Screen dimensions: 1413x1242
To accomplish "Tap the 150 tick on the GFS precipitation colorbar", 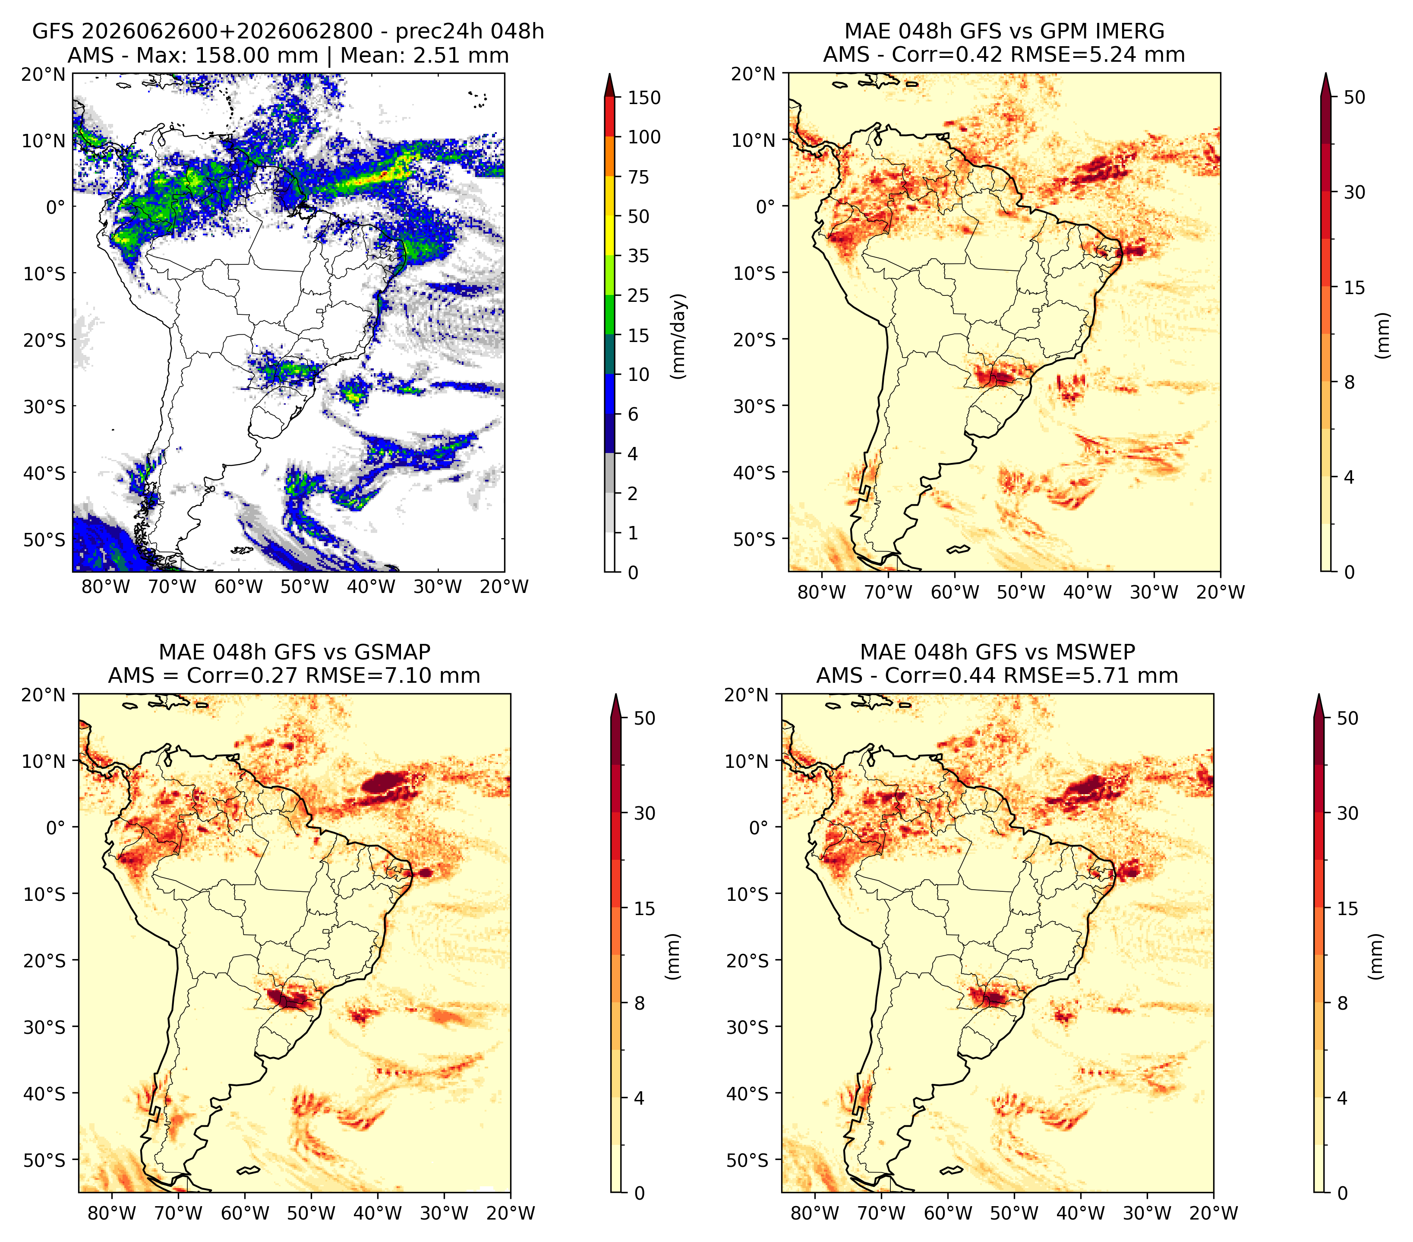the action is (643, 98).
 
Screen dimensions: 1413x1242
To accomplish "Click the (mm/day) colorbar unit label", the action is (679, 336).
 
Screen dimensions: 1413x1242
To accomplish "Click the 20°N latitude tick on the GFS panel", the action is (44, 74).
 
